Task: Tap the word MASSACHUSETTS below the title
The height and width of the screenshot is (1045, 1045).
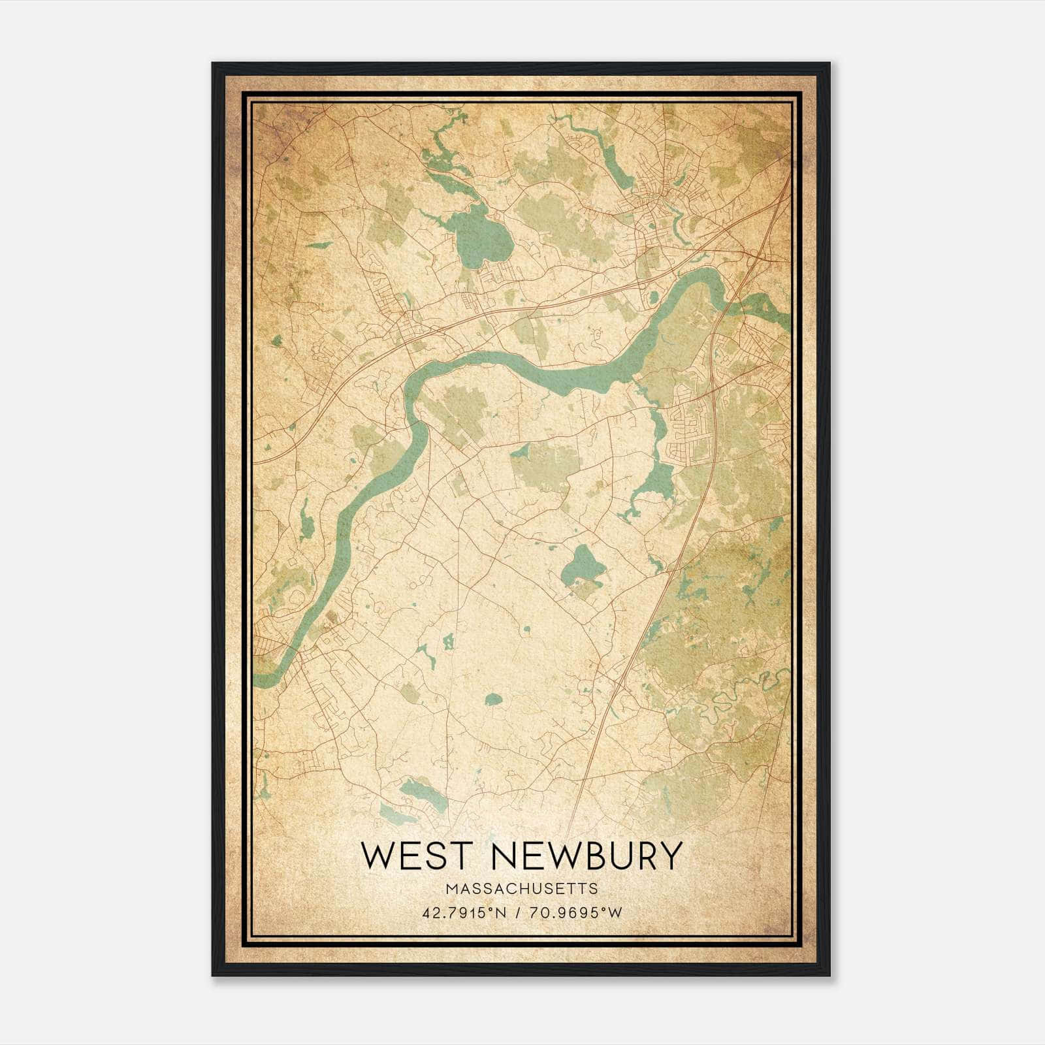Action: coord(521,889)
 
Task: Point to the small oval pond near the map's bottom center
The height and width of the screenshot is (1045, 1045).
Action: coord(493,700)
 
